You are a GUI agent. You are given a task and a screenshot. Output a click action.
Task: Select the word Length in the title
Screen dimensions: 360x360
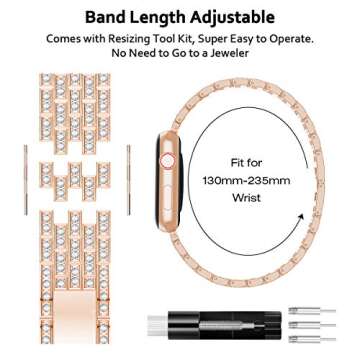coord(163,17)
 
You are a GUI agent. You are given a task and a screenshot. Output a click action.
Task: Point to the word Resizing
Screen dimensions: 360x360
coord(151,39)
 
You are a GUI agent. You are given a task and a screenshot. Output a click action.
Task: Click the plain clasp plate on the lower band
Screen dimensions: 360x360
coord(77,310)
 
